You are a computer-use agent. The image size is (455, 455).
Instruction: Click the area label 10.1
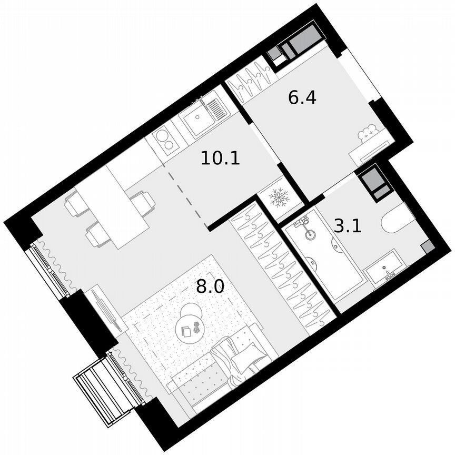221,157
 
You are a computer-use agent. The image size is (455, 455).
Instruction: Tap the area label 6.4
302,97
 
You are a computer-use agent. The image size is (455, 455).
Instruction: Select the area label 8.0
210,287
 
